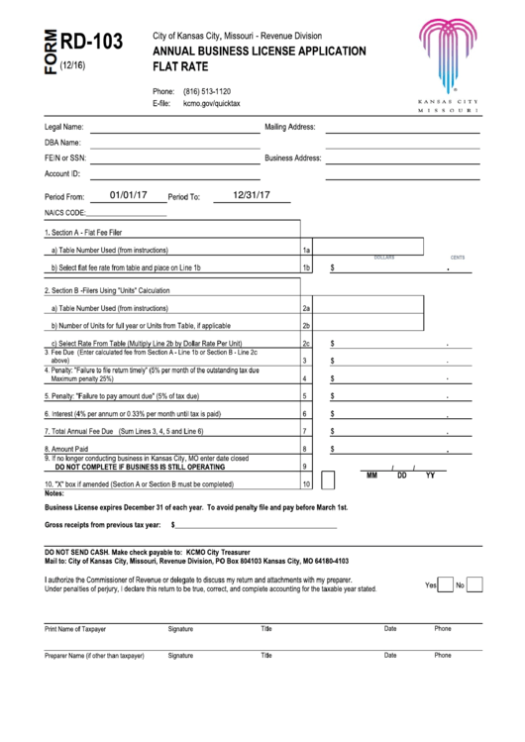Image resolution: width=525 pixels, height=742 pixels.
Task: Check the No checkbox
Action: click(474, 585)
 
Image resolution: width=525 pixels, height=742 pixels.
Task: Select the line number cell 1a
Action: click(306, 251)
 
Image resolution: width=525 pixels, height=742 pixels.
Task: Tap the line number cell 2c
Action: click(306, 343)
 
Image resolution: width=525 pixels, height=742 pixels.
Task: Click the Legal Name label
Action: click(64, 127)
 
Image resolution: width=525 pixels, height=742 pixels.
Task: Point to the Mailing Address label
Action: click(289, 127)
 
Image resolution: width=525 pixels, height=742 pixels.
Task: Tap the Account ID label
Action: click(62, 173)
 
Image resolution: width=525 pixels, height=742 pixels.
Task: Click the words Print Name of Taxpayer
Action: click(75, 629)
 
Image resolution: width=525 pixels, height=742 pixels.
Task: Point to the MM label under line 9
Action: click(372, 476)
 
